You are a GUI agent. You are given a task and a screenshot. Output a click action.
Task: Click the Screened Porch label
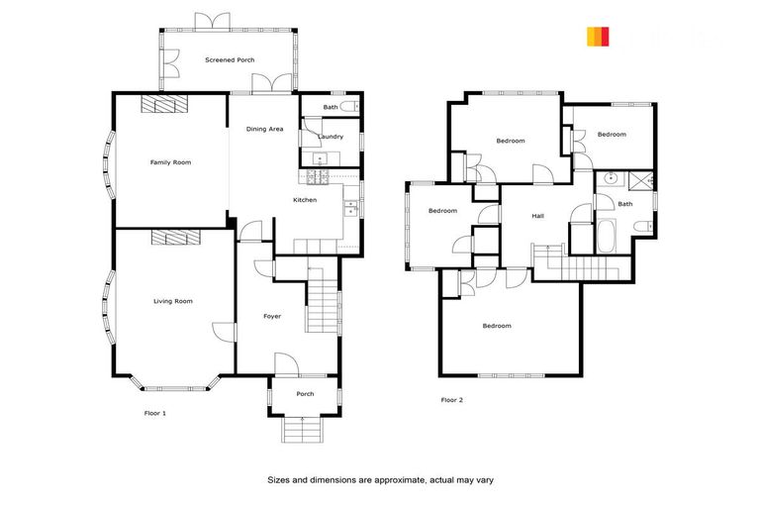230,60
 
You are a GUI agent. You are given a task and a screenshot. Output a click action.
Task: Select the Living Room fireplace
175,238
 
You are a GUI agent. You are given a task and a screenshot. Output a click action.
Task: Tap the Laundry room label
331,137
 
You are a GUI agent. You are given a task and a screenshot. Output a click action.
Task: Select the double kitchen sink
350,207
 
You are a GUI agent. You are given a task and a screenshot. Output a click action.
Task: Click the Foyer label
271,317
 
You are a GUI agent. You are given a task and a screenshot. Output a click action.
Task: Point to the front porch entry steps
302,429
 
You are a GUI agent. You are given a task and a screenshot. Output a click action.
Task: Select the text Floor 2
451,400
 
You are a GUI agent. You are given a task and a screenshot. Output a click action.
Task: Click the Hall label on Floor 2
538,216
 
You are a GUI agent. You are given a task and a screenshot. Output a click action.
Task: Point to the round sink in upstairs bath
611,179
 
